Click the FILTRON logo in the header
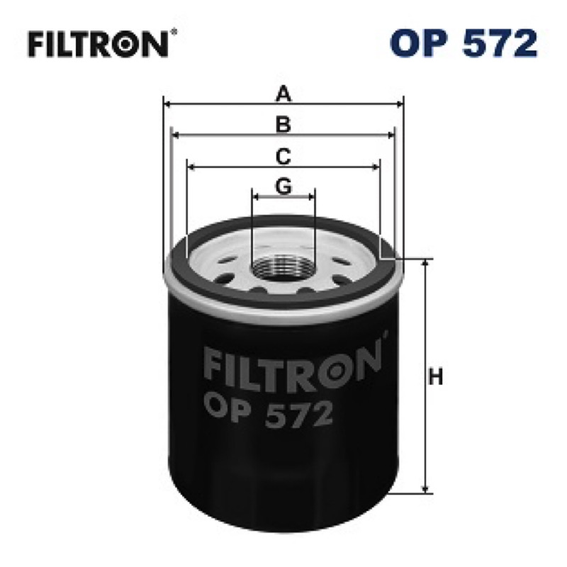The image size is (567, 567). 99,44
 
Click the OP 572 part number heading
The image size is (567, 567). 464,43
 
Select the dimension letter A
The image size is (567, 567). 283,94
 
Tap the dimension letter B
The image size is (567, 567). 283,124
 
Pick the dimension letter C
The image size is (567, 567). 283,157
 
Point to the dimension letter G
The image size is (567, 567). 283,186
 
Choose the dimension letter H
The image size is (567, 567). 435,377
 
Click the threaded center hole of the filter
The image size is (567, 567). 283,268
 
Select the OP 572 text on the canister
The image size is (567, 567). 268,413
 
